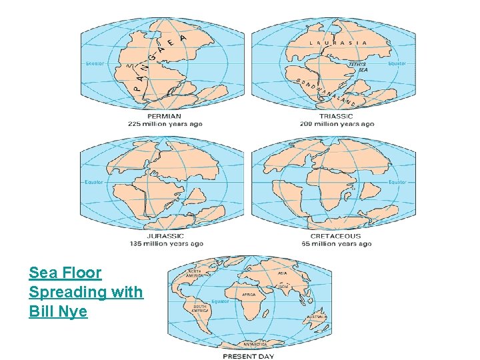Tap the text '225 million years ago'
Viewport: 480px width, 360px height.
(x=165, y=124)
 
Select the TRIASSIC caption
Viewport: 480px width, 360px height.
(x=335, y=116)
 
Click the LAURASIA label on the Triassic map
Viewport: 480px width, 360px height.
(x=338, y=42)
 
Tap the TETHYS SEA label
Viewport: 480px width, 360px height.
(x=358, y=66)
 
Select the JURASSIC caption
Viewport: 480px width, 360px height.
(x=165, y=235)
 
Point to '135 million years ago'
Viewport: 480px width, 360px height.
(x=165, y=243)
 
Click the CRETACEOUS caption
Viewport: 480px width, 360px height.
(x=335, y=235)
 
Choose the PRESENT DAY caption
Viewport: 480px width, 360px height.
(x=248, y=356)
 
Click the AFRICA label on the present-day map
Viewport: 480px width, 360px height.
(x=249, y=294)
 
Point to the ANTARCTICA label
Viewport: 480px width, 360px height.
(x=254, y=344)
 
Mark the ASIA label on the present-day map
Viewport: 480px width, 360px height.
(x=283, y=273)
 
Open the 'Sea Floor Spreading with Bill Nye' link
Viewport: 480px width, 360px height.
(x=85, y=291)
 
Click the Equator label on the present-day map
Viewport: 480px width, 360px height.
(x=221, y=301)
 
